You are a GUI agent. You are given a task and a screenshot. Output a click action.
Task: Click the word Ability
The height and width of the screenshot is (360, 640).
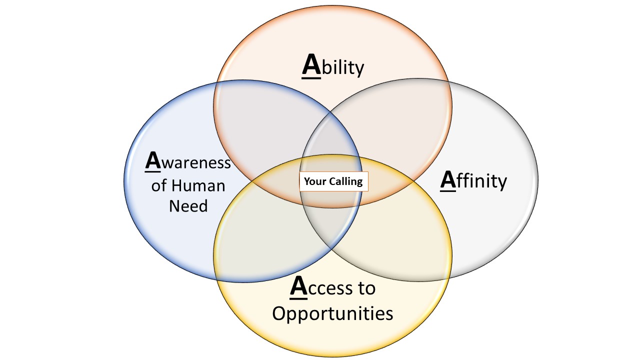333,66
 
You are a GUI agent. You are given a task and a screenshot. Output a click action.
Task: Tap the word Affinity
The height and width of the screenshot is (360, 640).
473,180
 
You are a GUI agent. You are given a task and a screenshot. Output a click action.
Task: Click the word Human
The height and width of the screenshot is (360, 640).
198,186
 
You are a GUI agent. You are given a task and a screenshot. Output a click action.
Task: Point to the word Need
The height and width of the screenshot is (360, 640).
188,205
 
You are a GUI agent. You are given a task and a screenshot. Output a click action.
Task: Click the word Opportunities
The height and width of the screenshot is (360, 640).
332,313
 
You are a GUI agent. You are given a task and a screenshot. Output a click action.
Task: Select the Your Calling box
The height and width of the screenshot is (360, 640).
333,181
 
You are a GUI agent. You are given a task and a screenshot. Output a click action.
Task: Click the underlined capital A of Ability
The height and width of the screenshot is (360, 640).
311,66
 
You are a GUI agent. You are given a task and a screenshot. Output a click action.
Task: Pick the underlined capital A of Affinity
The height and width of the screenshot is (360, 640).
448,180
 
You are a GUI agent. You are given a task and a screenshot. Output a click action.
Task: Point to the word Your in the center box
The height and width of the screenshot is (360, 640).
315,181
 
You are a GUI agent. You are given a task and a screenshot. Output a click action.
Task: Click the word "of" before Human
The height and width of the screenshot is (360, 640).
159,186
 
